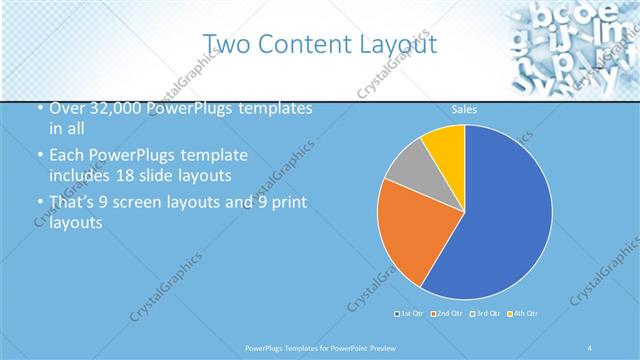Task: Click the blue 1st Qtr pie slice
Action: point(500,220)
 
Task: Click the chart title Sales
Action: point(463,108)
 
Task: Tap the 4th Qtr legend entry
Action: point(523,314)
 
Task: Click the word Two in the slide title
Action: point(227,43)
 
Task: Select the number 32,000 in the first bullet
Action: point(106,108)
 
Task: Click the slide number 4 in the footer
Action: point(590,347)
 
